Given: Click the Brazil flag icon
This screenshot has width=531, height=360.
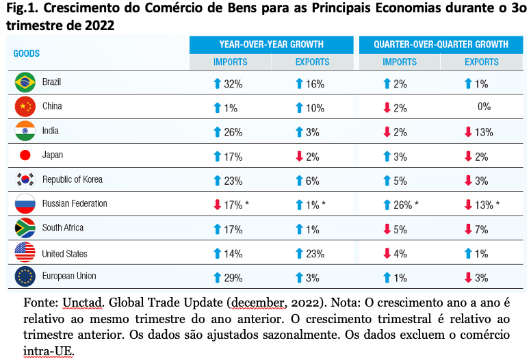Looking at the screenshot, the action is coord(25,82).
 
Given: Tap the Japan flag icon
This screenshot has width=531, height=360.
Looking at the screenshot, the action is coord(25,155).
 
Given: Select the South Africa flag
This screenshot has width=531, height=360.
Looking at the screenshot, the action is coord(25,228).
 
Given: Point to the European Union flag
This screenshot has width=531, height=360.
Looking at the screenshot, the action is coord(25,277).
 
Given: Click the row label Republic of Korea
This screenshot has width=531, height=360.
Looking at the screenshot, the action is coord(73,179).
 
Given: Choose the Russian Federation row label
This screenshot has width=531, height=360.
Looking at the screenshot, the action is coord(75,203).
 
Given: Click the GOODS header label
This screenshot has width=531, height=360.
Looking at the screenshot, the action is coord(27,53).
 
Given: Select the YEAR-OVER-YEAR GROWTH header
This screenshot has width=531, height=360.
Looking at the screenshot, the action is coord(271,44).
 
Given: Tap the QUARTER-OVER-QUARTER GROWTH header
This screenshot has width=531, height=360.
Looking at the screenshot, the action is coord(441,44).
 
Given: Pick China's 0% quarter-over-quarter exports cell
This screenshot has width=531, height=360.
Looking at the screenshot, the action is coord(484,107).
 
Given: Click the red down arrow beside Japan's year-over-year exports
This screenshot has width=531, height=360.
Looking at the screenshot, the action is coord(299,157).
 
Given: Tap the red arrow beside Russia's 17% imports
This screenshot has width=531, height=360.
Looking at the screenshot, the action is coord(218,205).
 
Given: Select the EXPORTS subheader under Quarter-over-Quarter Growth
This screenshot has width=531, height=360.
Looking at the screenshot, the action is coord(482,62).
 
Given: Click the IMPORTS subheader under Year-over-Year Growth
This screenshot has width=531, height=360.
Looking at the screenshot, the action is coord(231,62).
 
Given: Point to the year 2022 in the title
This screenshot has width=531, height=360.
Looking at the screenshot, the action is coord(100,25).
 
